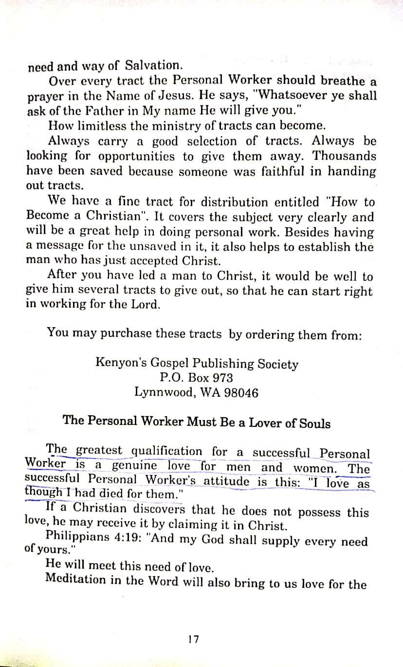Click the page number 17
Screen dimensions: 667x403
pyautogui.click(x=194, y=639)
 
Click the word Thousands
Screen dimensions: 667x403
pyautogui.click(x=344, y=156)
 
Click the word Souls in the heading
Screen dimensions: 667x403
pyautogui.click(x=314, y=423)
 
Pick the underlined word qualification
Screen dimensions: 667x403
pyautogui.click(x=167, y=451)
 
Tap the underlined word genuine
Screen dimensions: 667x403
pyautogui.click(x=135, y=465)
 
